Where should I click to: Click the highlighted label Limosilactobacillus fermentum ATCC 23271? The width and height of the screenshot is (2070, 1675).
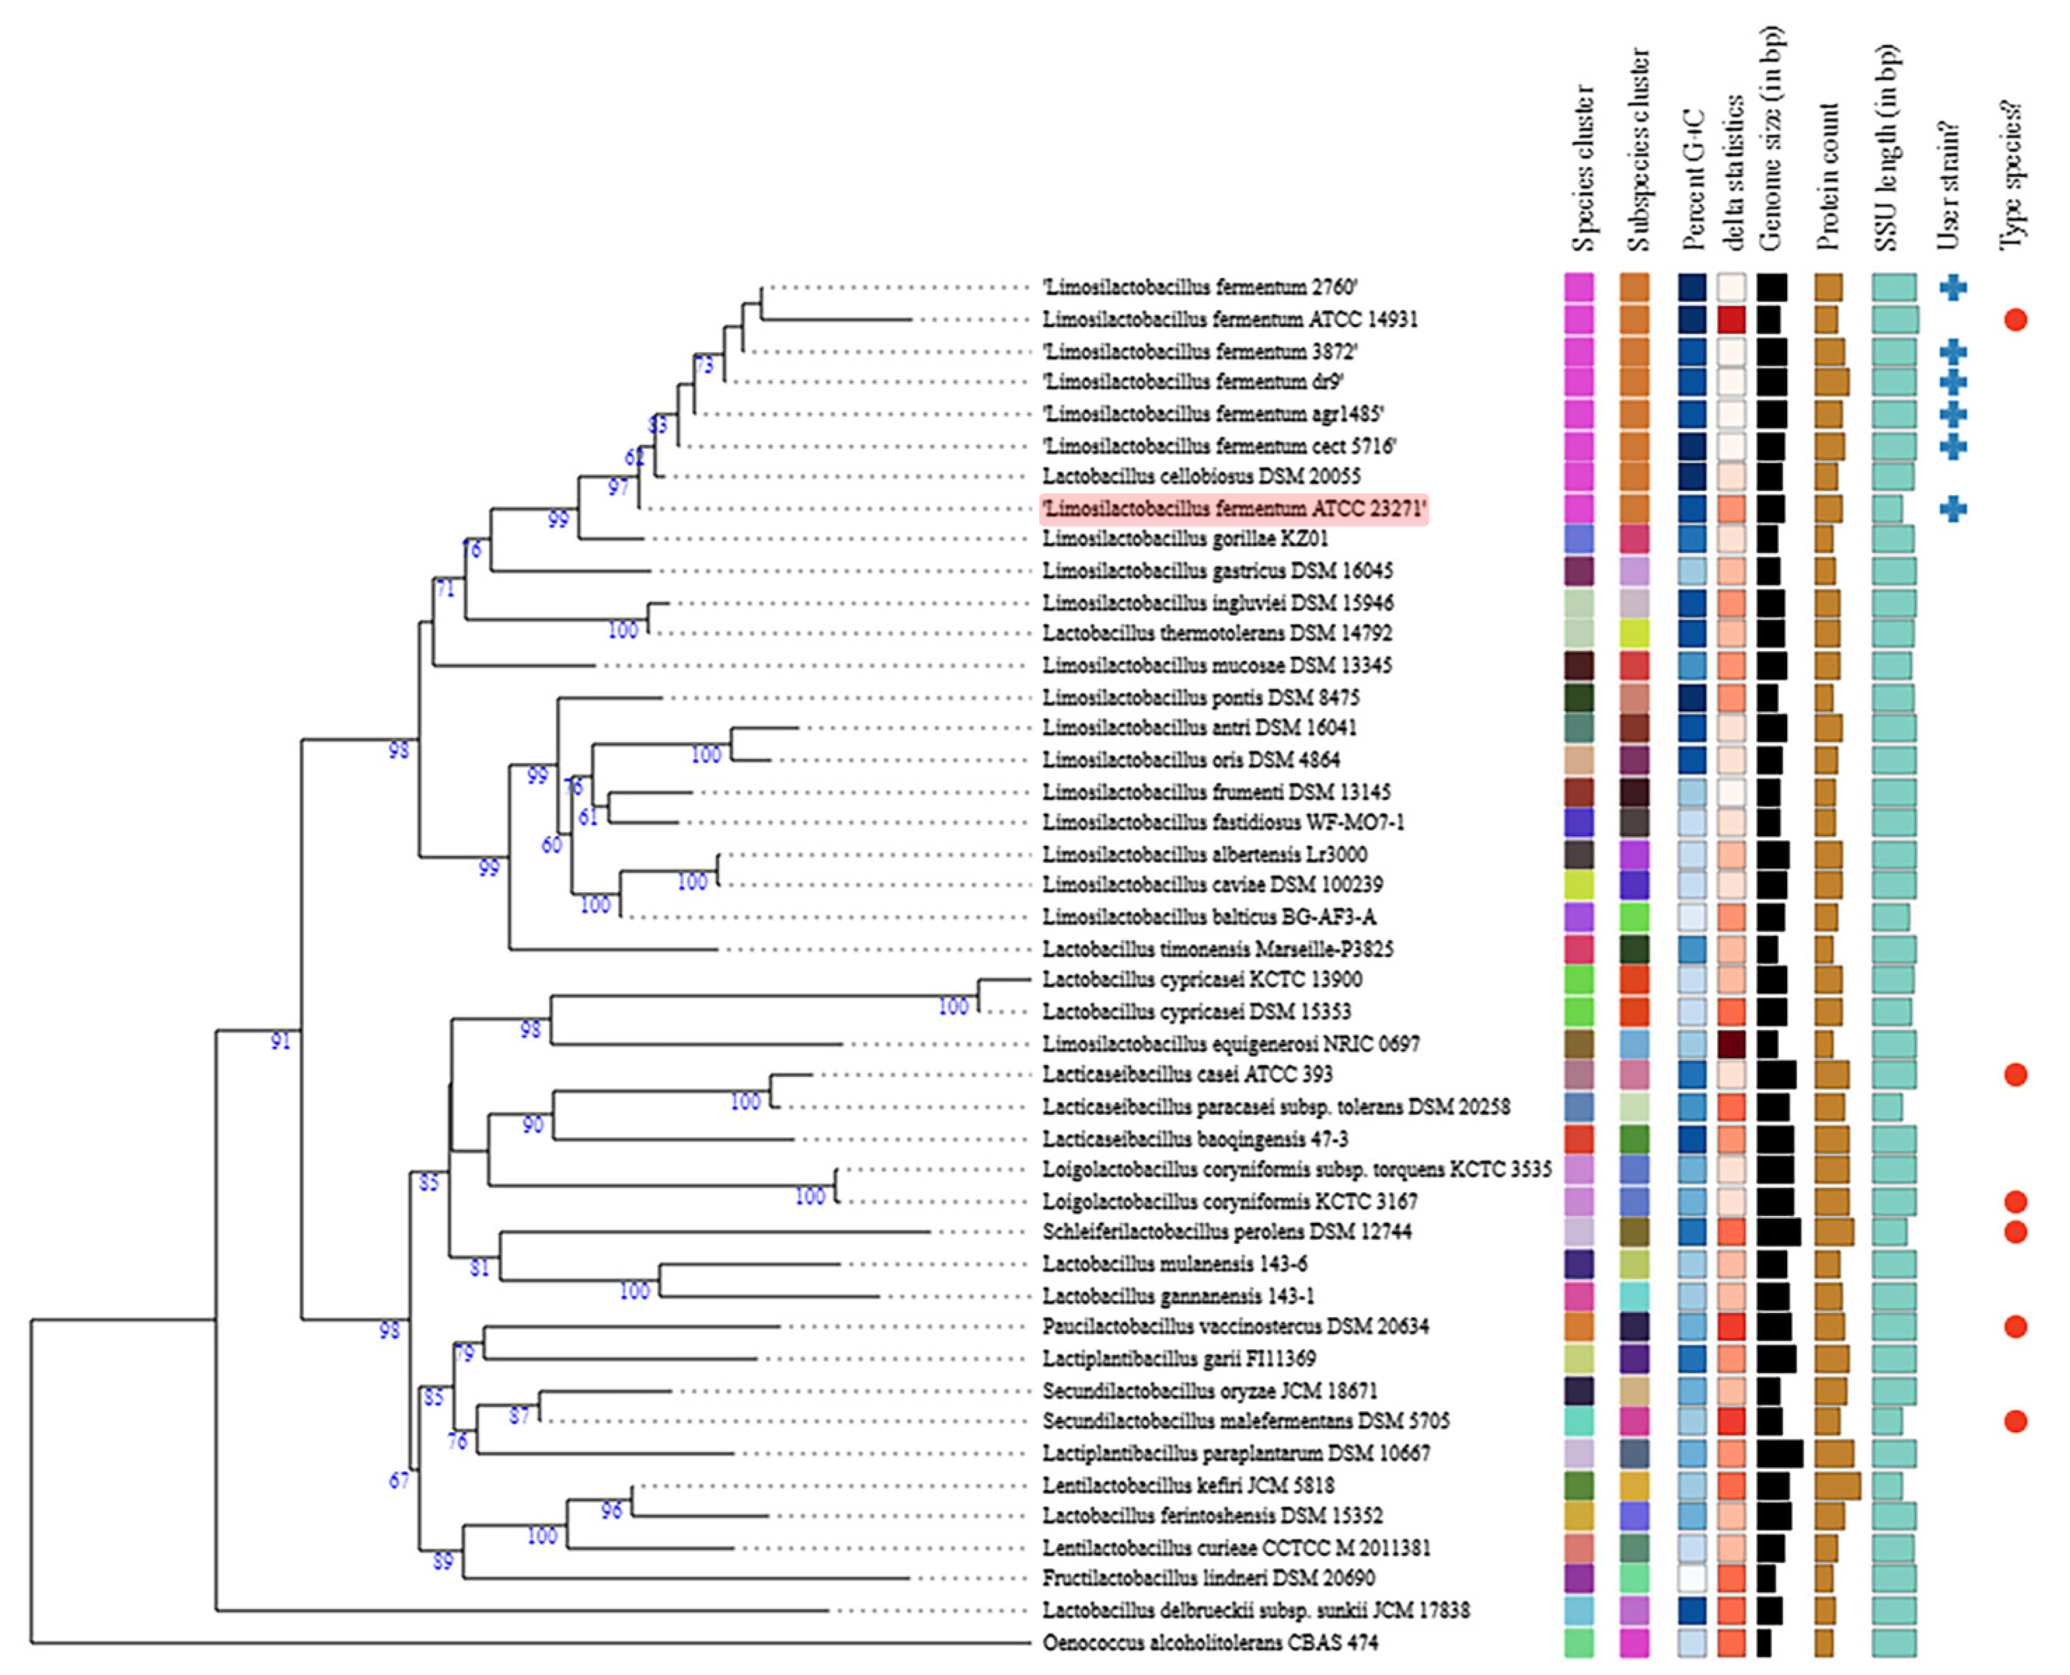tap(1233, 509)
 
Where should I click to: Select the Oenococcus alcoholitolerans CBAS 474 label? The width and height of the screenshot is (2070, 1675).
tap(1210, 1642)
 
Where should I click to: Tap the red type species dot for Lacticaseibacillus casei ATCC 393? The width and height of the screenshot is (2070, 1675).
tap(2015, 1074)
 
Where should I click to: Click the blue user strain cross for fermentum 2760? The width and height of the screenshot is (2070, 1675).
tap(1953, 287)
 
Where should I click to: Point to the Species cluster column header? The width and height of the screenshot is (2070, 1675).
tap(1582, 169)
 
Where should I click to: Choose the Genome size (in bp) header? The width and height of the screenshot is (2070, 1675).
tap(1771, 140)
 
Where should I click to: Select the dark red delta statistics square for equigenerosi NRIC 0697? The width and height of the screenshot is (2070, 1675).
tap(1732, 1043)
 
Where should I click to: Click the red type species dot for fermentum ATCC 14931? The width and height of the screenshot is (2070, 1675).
tap(2015, 319)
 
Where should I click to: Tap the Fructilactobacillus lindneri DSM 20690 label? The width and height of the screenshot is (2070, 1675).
tap(1209, 1578)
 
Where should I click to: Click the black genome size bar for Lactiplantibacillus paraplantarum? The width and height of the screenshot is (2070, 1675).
tap(1780, 1453)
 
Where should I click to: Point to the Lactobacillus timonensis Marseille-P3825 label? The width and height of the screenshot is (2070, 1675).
tap(1218, 948)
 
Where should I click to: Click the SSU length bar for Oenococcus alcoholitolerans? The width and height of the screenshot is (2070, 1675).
tap(1894, 1642)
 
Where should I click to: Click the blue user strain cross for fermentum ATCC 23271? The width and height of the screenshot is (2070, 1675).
tap(1953, 509)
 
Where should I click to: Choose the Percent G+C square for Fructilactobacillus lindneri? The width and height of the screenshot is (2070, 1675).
tap(1692, 1578)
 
